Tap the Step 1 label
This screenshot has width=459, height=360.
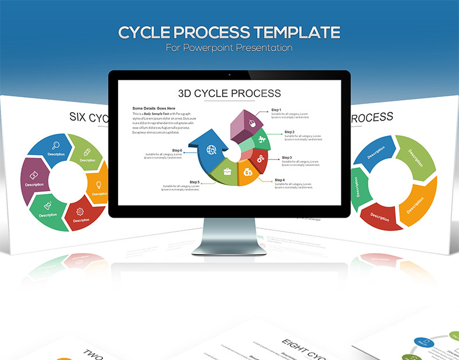coord(276,110)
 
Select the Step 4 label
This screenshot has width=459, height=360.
coord(279,180)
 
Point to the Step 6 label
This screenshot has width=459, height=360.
coord(177,150)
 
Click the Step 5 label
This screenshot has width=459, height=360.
coord(195,182)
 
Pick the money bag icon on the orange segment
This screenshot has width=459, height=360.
coord(248,172)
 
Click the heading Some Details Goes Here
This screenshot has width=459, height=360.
coord(154,108)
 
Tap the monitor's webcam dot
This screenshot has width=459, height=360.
coord(229,75)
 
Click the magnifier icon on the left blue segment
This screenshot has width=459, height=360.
coord(56,145)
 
